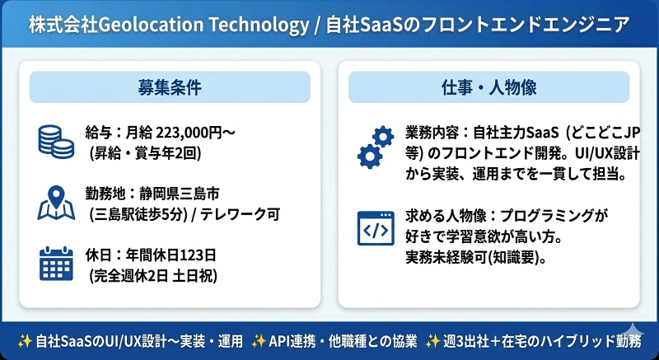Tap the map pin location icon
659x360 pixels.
55,203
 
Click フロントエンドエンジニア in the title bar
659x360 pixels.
524,26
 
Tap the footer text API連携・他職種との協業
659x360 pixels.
341,340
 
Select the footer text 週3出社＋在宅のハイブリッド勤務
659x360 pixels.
548,340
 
